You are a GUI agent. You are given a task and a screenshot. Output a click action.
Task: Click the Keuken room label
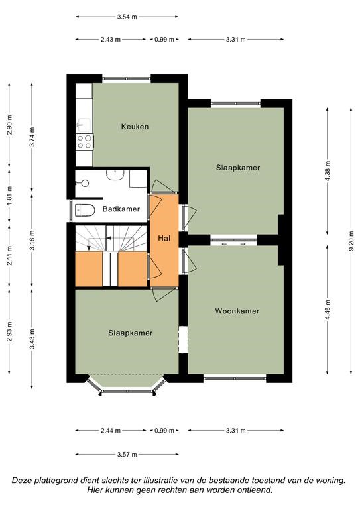click(135, 127)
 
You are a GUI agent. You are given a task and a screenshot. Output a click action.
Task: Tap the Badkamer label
click(121, 209)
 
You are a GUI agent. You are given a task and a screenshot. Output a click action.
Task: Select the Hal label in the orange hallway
click(164, 239)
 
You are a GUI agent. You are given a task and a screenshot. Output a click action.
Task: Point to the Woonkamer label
click(237, 311)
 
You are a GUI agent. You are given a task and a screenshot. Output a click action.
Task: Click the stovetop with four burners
click(84, 142)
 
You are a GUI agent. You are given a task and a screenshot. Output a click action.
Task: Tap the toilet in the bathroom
click(84, 210)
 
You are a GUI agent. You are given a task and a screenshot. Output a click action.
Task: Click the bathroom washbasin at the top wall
click(115, 175)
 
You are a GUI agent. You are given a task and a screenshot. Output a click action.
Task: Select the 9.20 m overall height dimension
click(351, 241)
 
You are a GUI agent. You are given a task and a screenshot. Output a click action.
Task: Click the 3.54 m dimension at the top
click(127, 17)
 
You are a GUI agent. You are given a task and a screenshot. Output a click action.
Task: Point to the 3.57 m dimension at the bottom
click(127, 454)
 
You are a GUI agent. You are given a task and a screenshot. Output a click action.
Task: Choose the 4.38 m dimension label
click(328, 171)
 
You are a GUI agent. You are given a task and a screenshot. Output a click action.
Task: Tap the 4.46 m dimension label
click(328, 310)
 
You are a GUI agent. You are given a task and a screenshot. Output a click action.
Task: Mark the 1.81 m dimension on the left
click(9, 196)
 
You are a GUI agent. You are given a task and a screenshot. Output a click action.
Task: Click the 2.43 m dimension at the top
click(110, 40)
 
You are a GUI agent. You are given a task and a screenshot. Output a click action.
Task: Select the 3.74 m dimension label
click(32, 137)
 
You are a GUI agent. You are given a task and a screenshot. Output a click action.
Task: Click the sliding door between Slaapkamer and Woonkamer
click(234, 241)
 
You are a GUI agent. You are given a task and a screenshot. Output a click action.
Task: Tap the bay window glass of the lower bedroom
click(127, 392)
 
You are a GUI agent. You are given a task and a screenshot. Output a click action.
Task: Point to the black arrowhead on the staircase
click(109, 239)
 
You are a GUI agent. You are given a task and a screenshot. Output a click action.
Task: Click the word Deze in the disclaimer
click(22, 481)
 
